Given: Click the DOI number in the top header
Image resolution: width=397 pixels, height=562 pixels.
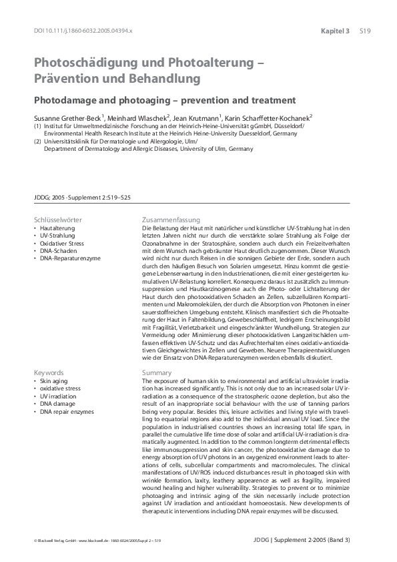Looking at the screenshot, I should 83,31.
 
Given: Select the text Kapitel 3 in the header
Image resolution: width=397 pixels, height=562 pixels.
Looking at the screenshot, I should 335,31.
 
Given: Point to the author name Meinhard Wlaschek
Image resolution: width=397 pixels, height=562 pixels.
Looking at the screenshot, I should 132,117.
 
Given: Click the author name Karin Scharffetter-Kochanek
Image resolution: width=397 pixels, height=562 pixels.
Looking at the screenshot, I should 270,117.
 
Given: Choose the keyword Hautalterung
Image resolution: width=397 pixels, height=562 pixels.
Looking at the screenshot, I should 57,228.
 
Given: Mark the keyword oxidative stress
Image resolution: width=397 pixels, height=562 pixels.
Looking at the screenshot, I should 62,388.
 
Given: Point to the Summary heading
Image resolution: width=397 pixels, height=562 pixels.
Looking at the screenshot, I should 157,372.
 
